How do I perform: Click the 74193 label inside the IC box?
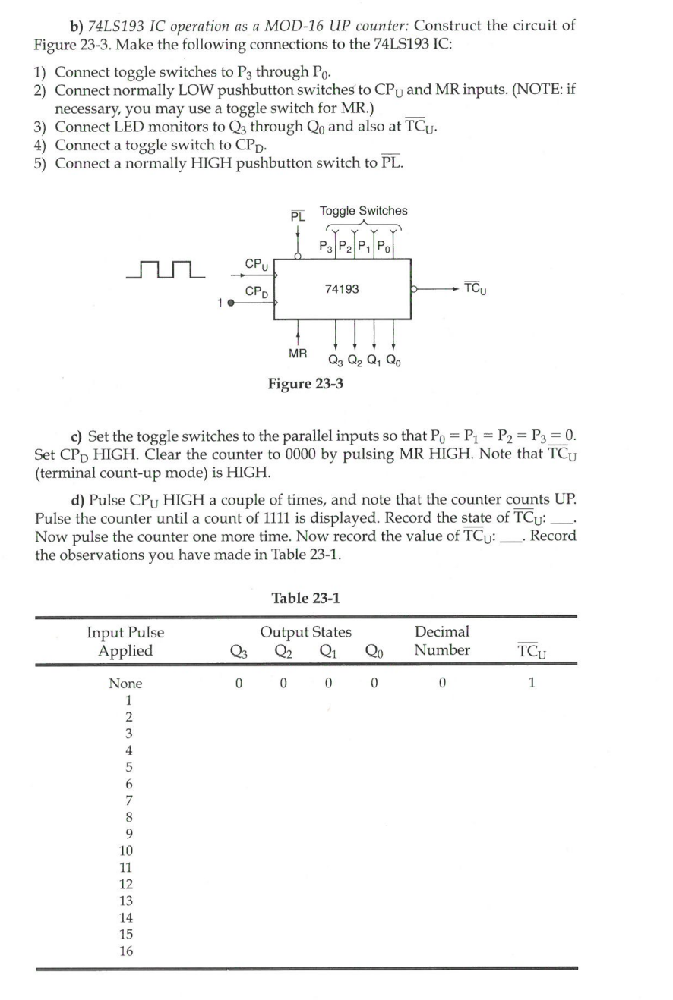pyautogui.click(x=342, y=289)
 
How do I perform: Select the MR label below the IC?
pyautogui.click(x=299, y=354)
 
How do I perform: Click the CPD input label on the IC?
pyautogui.click(x=259, y=291)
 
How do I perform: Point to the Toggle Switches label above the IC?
pyautogui.click(x=363, y=210)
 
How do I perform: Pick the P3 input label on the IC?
pyautogui.click(x=326, y=246)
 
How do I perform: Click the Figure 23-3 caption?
pyautogui.click(x=305, y=384)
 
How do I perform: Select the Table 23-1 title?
pyautogui.click(x=305, y=598)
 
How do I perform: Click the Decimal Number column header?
pyautogui.click(x=442, y=640)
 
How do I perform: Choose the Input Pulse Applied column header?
pyautogui.click(x=125, y=640)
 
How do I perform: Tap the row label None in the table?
pyautogui.click(x=125, y=684)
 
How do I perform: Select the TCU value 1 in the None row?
pyautogui.click(x=532, y=684)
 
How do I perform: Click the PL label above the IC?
pyautogui.click(x=299, y=216)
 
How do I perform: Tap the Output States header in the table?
pyautogui.click(x=305, y=631)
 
